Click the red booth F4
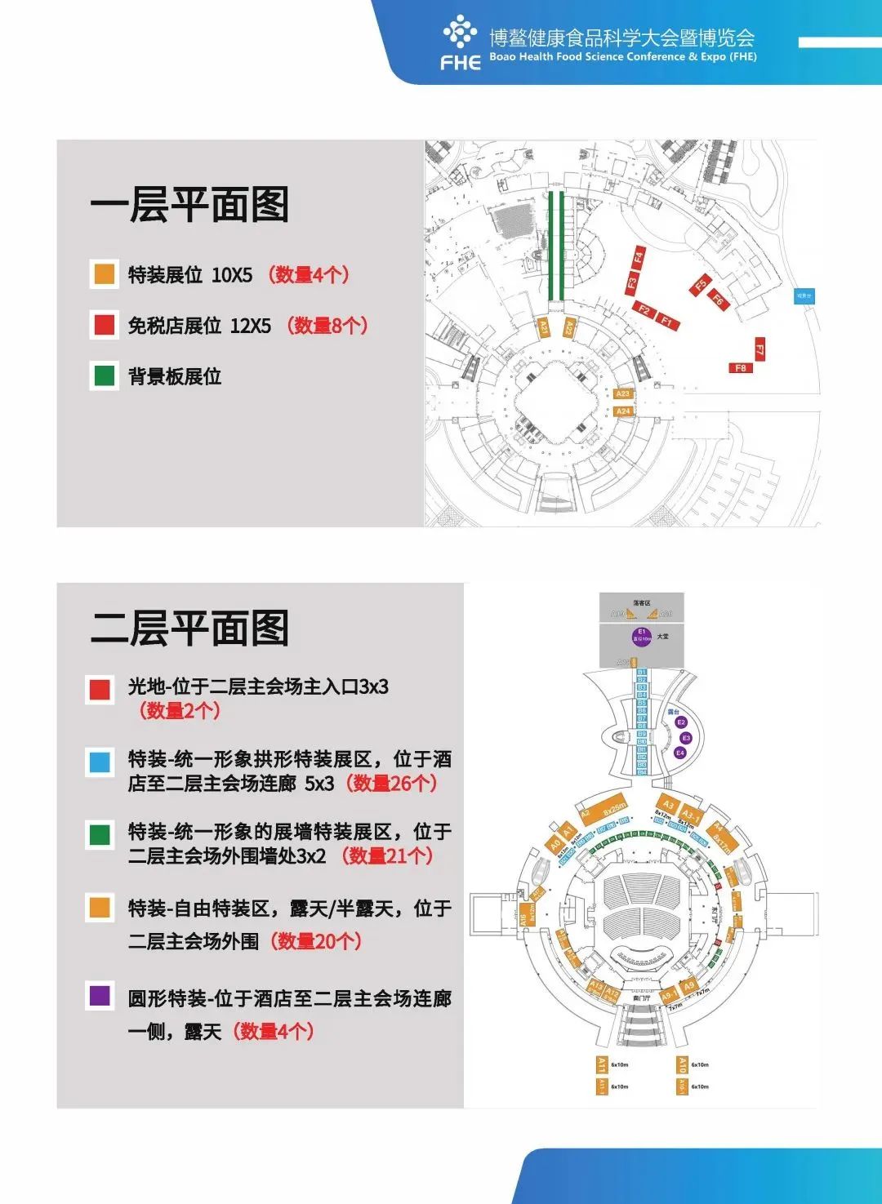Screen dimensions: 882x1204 [639, 258]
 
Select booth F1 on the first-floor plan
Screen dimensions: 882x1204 [666, 321]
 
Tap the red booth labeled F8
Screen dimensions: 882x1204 [740, 368]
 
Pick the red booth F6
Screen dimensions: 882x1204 [717, 300]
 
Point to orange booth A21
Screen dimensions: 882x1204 [544, 327]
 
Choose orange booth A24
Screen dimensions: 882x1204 [623, 411]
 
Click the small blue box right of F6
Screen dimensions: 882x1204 [804, 296]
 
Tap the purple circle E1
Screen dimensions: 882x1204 [641, 636]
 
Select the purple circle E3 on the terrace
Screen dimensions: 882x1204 [686, 738]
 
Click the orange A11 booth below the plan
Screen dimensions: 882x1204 [601, 1064]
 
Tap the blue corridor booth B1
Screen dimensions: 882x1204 [641, 673]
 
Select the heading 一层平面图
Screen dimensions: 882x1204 [189, 205]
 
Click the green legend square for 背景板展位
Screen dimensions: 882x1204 [105, 376]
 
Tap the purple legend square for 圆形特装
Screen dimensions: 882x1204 [100, 996]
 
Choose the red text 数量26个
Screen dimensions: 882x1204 [391, 784]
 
